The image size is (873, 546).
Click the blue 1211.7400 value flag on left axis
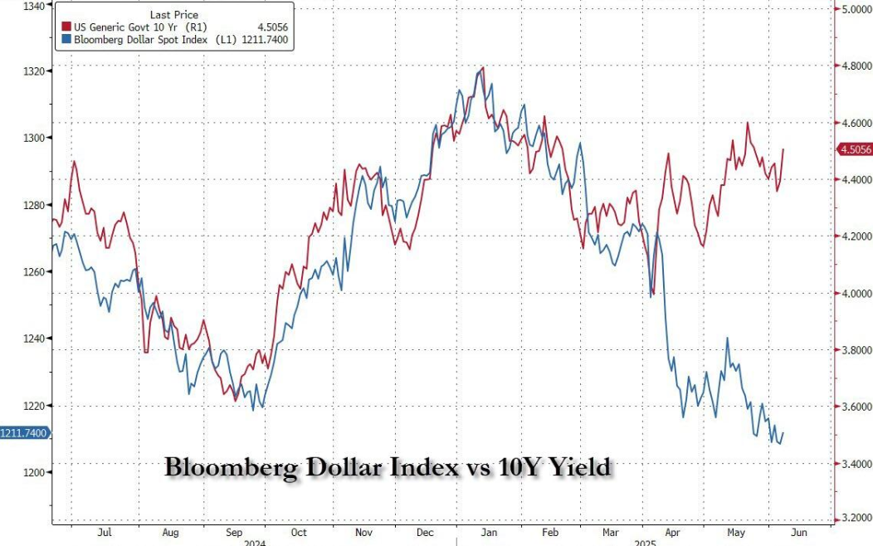pos(24,432)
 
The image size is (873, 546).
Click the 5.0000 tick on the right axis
pos(855,9)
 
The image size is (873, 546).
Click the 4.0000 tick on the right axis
pos(855,293)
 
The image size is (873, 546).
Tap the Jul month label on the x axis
pos(105,534)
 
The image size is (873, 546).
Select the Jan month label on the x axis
pos(490,534)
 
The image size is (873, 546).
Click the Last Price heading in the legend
pos(173,15)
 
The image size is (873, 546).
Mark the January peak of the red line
pos(483,67)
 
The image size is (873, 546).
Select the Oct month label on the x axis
pos(298,534)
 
